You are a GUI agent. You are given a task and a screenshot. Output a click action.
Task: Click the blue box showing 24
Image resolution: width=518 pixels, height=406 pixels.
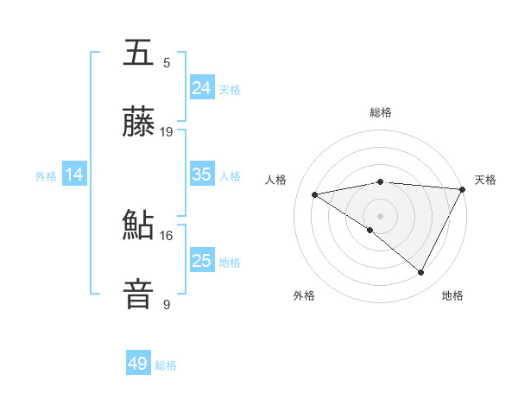(x=201, y=87)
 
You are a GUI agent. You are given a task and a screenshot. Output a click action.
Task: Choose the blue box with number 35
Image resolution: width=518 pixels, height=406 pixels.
(x=201, y=174)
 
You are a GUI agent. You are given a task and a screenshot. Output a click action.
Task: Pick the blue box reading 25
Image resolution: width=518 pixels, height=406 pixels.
(x=201, y=261)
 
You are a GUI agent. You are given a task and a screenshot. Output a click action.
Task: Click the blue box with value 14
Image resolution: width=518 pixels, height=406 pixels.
(x=74, y=174)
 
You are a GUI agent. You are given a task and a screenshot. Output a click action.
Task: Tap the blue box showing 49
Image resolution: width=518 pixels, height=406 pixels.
(x=138, y=364)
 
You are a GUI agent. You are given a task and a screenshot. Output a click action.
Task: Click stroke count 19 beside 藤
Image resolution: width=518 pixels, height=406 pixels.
(x=167, y=132)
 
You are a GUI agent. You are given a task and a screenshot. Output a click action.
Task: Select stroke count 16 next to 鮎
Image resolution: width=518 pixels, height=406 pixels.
(x=167, y=235)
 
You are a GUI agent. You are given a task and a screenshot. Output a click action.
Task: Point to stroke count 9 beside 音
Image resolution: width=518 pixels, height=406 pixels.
(x=167, y=304)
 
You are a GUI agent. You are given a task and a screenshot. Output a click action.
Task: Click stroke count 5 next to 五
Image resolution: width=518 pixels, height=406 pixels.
(x=167, y=63)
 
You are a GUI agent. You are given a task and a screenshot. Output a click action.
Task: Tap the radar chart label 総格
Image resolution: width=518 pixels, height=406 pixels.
(x=381, y=112)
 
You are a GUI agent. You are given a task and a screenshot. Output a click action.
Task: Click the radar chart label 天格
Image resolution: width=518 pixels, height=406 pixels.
(x=485, y=180)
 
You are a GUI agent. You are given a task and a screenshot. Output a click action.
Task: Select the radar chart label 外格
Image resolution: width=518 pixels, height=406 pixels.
(x=304, y=295)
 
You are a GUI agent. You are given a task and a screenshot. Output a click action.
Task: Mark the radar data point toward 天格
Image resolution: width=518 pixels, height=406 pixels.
(x=463, y=188)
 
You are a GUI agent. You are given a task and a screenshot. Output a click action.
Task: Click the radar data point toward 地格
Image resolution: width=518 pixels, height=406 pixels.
(x=421, y=273)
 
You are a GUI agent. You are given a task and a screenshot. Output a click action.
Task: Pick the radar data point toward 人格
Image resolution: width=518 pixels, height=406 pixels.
(x=315, y=194)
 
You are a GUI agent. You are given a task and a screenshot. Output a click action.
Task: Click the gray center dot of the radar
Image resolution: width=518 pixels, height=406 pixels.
(x=380, y=215)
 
